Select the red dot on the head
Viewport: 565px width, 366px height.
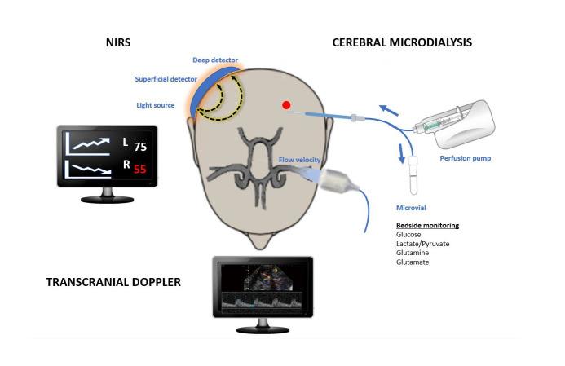click(x=285, y=104)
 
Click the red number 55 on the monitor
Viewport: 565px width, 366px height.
click(x=140, y=170)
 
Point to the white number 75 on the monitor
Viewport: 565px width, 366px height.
click(x=140, y=147)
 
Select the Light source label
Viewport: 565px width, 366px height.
click(x=155, y=104)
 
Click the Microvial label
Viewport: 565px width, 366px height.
click(x=412, y=208)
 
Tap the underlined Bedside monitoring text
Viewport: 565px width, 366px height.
click(x=422, y=224)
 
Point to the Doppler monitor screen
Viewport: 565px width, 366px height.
click(x=263, y=288)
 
